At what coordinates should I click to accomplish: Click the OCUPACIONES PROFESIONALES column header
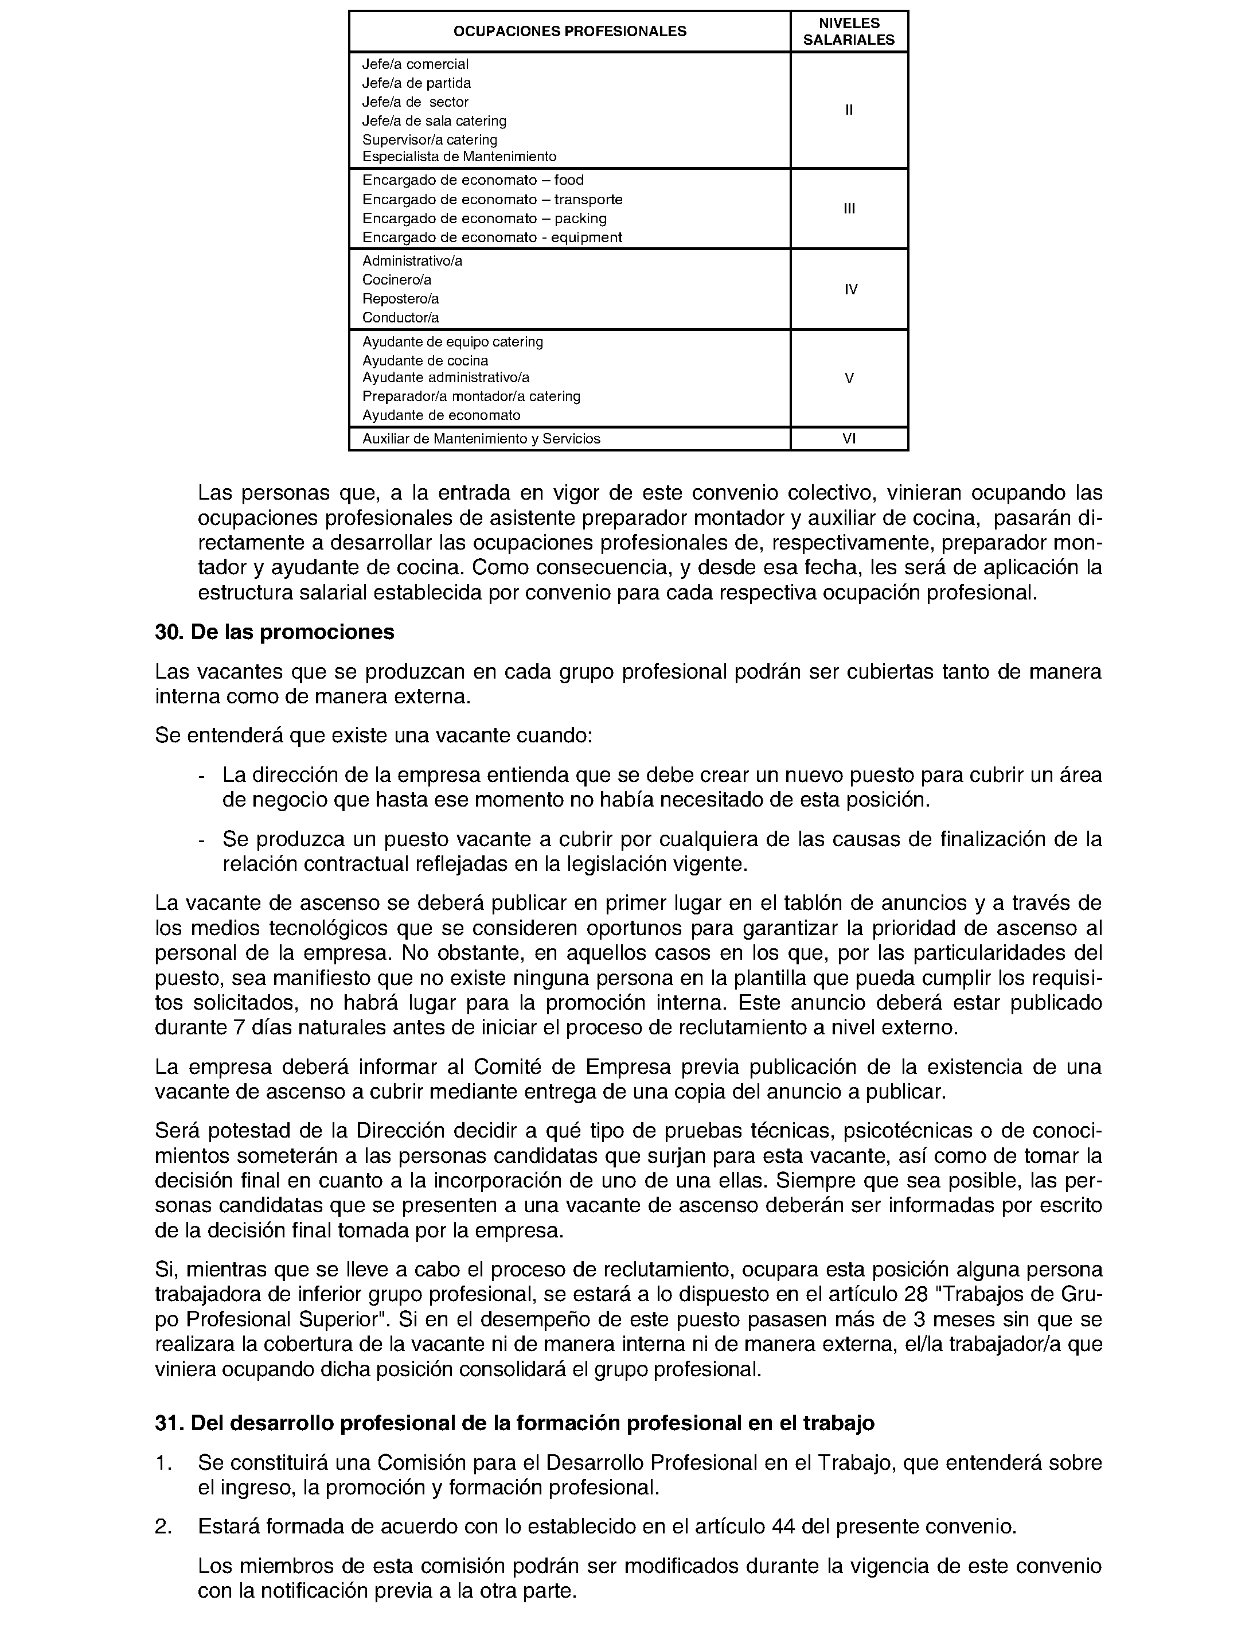(x=569, y=32)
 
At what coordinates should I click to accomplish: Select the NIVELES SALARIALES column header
(x=849, y=32)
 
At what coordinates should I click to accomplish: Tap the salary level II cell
(x=849, y=110)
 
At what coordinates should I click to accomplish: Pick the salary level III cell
(x=849, y=209)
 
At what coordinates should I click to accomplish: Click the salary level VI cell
(x=849, y=439)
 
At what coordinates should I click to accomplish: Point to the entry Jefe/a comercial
(x=415, y=64)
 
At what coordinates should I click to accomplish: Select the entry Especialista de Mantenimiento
(x=459, y=157)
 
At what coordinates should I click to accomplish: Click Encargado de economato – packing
(x=484, y=219)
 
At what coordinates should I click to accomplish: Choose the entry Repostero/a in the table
(x=400, y=299)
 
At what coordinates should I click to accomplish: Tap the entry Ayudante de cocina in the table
(x=425, y=361)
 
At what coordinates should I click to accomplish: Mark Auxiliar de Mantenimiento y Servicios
(x=481, y=439)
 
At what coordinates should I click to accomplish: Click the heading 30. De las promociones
(x=275, y=633)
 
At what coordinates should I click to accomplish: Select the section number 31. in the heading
(x=169, y=1423)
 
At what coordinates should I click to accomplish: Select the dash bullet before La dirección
(x=201, y=776)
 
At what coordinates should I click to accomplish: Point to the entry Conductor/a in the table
(x=400, y=317)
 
